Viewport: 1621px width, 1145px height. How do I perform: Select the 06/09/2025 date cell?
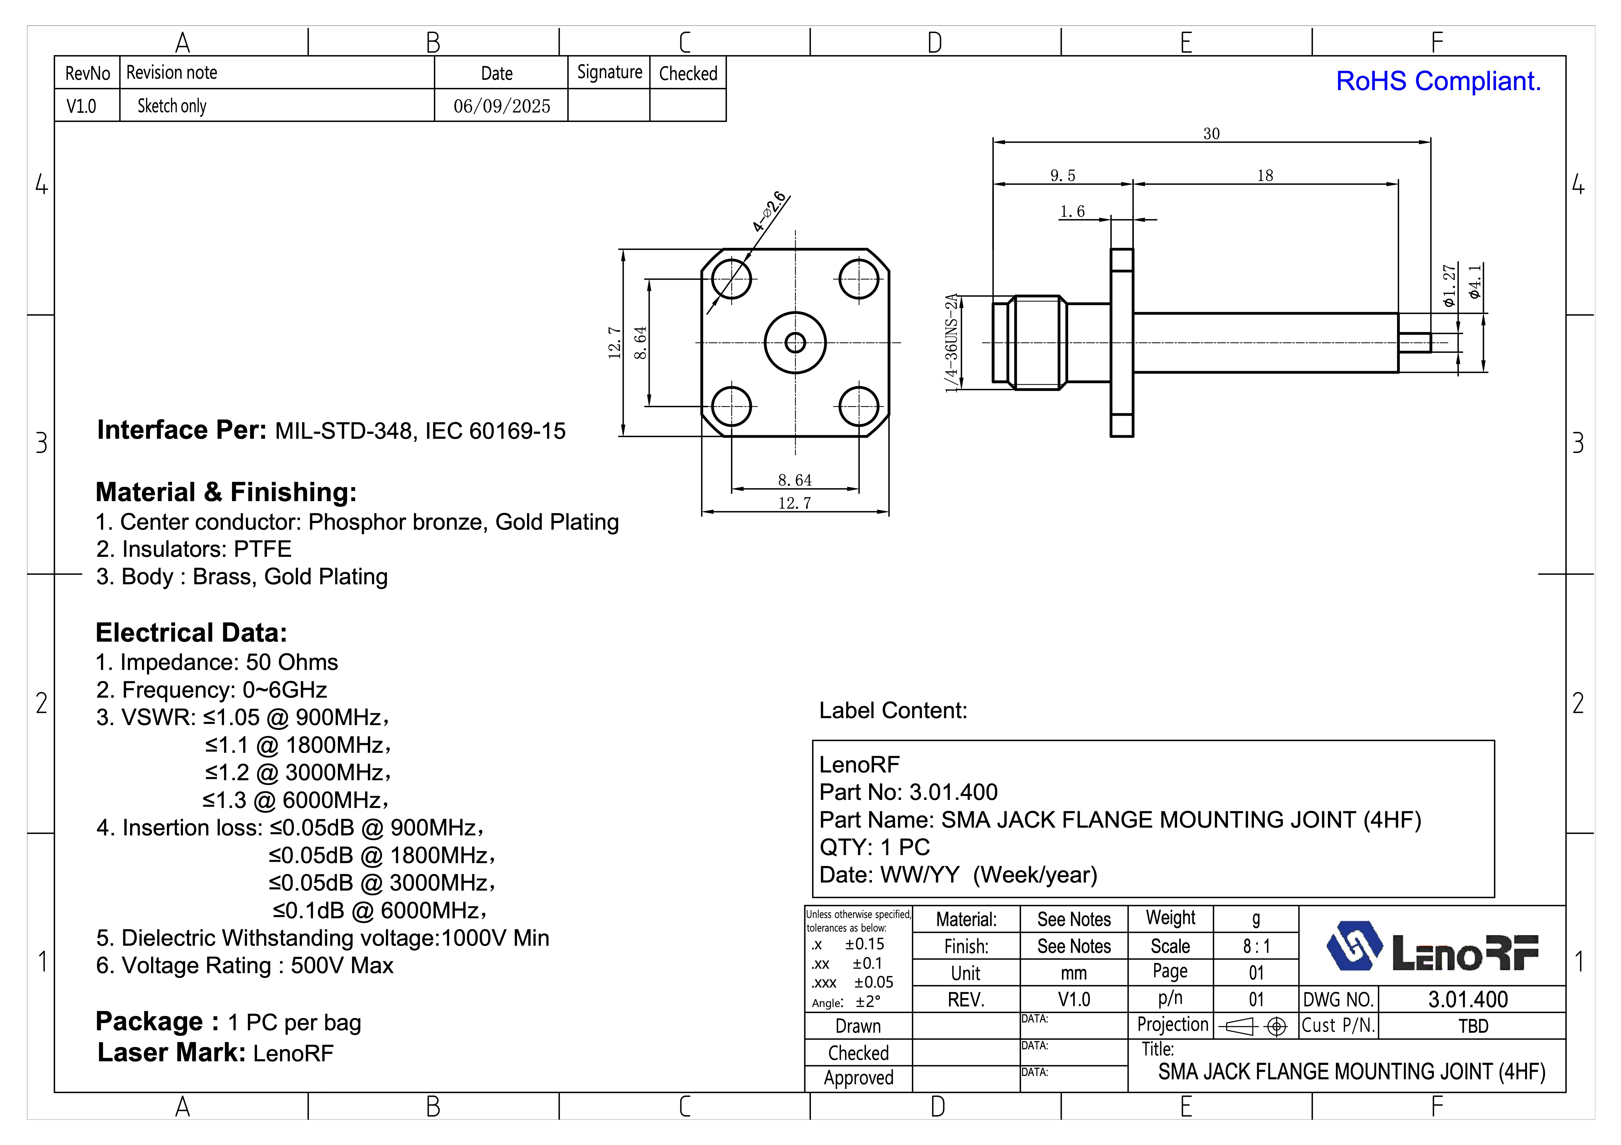click(501, 106)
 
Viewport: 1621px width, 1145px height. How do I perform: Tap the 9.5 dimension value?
click(1063, 175)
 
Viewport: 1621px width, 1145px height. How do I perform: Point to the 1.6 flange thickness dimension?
click(1072, 211)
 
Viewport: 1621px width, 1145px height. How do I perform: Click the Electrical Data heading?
click(191, 633)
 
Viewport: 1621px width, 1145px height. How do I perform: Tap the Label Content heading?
click(892, 710)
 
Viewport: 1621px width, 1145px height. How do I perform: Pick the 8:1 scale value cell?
click(1256, 946)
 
